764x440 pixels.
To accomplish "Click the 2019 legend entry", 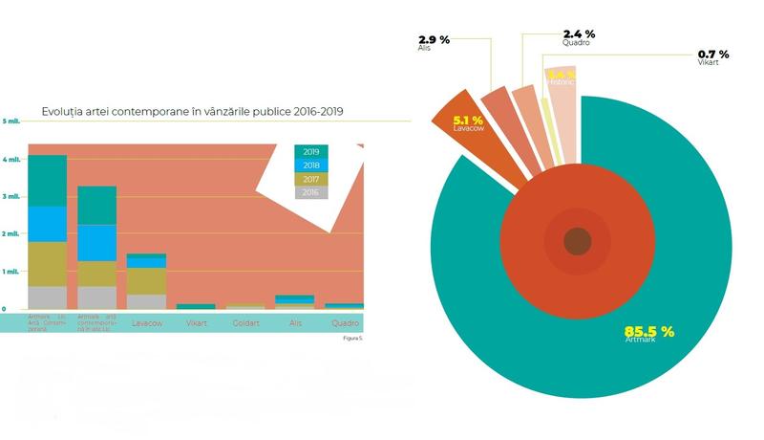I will [310, 151].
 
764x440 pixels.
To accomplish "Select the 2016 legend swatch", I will [310, 192].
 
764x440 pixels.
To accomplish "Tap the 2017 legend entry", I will [310, 179].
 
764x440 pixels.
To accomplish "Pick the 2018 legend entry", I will [310, 165].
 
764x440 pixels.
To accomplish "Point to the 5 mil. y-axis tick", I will [11, 121].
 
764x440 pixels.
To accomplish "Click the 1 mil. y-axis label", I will [11, 272].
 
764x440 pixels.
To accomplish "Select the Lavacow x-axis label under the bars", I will [146, 323].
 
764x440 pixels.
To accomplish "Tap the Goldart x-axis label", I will [247, 323].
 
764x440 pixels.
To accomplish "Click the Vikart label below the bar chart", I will [197, 323].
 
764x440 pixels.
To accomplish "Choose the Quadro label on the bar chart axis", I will [344, 323].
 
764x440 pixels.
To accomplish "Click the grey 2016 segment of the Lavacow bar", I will [146, 301].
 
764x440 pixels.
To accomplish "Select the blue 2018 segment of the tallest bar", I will [47, 224].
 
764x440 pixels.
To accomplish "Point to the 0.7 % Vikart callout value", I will [712, 54].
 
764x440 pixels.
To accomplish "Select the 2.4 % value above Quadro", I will [578, 33].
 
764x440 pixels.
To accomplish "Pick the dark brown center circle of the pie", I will [577, 241].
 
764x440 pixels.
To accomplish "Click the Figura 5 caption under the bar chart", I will [353, 338].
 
